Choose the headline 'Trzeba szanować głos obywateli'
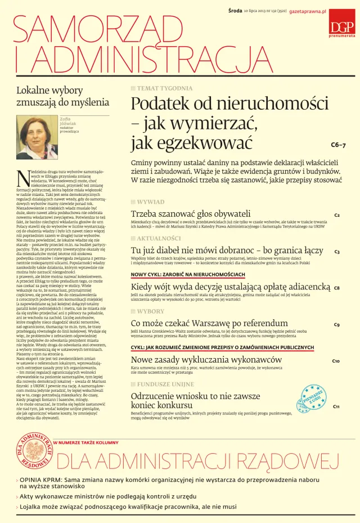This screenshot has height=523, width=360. (191, 214)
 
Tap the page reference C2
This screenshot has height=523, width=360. (337, 215)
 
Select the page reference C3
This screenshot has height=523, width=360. (337, 252)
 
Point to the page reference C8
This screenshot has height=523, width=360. (336, 288)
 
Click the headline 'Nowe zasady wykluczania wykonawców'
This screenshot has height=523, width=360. (206, 359)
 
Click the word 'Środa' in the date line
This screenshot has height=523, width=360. (235, 11)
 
